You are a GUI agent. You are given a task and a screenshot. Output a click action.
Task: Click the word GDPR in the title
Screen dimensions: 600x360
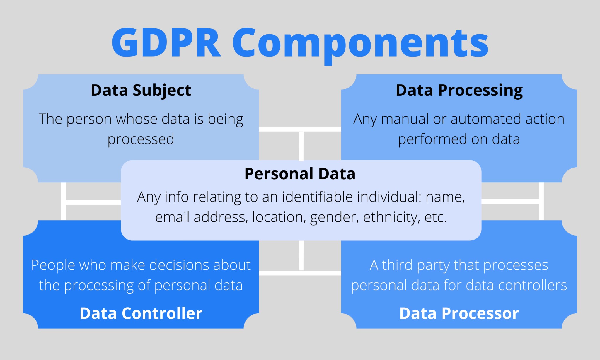(x=166, y=43)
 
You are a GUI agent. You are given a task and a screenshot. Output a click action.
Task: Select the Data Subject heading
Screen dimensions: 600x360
(x=141, y=90)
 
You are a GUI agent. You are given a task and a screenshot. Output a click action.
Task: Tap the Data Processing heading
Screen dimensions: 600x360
(x=459, y=90)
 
